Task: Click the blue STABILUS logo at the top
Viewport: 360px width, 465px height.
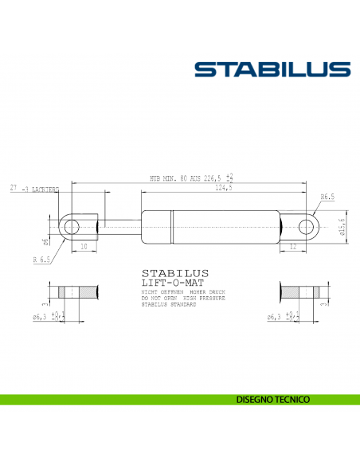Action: coord(272,69)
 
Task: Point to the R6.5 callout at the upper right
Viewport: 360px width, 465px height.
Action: coord(327,196)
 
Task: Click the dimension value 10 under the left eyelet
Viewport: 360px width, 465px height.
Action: coord(83,247)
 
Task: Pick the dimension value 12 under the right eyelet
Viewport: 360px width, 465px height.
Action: coord(293,247)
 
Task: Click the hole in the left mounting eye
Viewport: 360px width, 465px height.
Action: coord(71,226)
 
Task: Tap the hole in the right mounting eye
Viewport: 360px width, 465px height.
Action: coord(306,226)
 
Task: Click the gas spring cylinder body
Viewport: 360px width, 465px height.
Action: coord(210,226)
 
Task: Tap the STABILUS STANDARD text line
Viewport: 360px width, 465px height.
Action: coord(167,306)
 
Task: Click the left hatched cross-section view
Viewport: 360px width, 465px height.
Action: coord(74,293)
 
